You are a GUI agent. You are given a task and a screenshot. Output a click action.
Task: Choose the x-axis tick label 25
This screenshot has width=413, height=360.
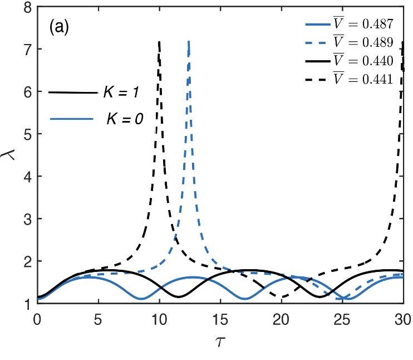pos(342,319)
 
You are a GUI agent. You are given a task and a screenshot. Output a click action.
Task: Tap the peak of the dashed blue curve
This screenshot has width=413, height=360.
pos(189,42)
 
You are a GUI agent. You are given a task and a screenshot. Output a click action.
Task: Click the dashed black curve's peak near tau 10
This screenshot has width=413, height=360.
pos(160,42)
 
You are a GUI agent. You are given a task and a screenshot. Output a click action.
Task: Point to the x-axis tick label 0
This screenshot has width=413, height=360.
pos(37,319)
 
